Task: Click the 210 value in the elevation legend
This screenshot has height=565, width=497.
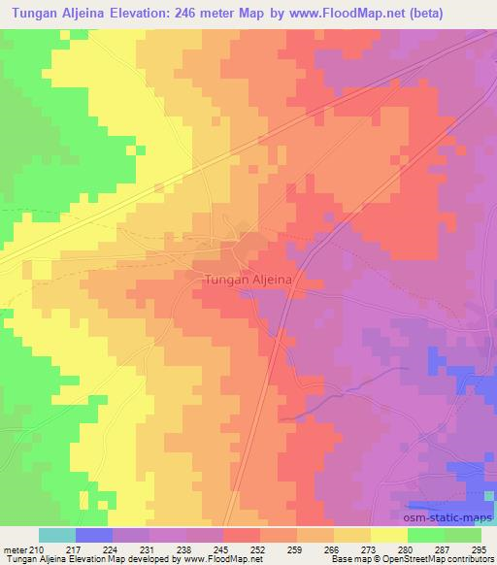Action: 38,550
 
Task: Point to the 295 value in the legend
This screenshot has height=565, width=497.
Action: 479,550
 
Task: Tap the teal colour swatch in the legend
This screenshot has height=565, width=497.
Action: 57,535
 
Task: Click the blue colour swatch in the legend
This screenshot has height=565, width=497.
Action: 94,535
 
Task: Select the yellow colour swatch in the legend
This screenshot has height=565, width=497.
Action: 389,535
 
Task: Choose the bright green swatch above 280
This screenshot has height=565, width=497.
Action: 426,535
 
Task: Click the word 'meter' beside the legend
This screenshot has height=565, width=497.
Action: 16,550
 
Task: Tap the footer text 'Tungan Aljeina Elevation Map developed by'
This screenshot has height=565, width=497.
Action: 80,560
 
